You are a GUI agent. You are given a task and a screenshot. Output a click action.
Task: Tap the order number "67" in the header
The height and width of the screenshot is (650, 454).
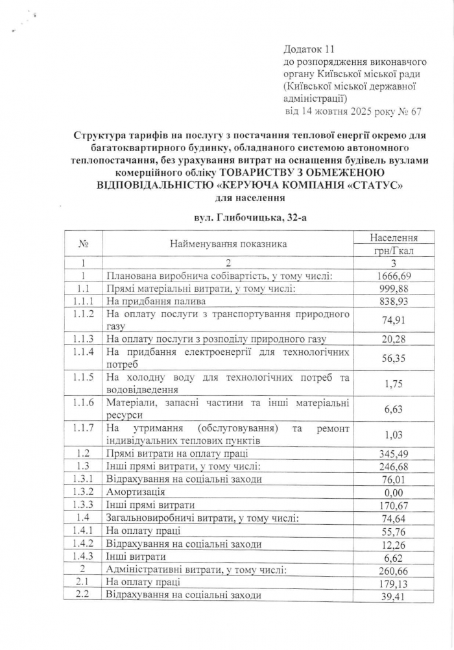click(415, 112)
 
